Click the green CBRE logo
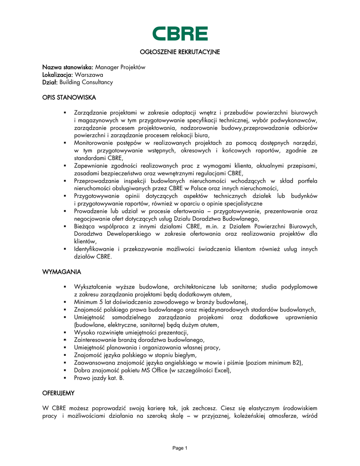coord(180,34)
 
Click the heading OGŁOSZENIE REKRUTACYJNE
coord(180,52)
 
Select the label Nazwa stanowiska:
coord(68,67)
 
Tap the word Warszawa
coord(89,75)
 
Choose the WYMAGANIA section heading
coord(62,272)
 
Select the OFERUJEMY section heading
coord(59,392)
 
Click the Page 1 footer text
coord(180,448)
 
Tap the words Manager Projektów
coord(120,67)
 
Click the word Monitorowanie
coord(95,143)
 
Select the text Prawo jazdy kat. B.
coord(99,377)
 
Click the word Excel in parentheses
coord(220,370)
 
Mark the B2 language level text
coord(296,363)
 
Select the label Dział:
coord(50,82)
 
